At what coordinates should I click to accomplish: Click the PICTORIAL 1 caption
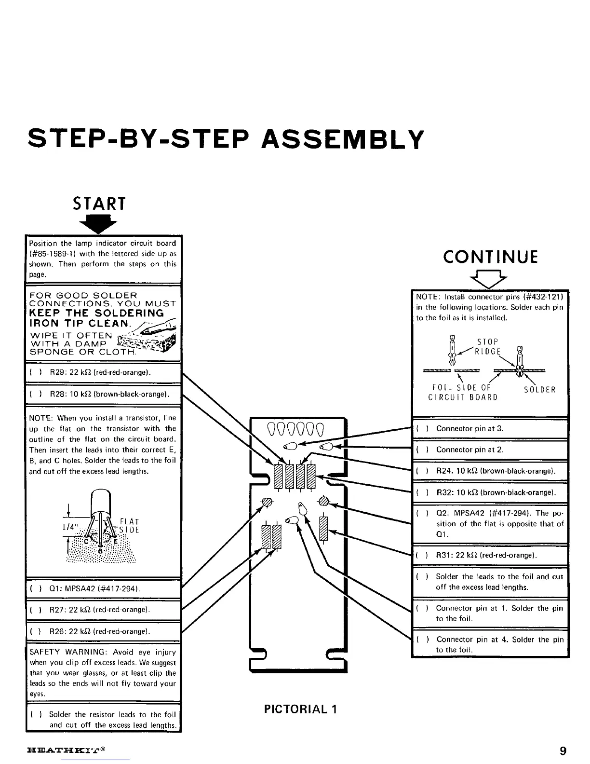pos(300,709)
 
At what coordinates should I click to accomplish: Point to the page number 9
pos(563,751)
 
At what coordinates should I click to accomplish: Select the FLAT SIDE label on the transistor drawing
pos(129,526)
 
